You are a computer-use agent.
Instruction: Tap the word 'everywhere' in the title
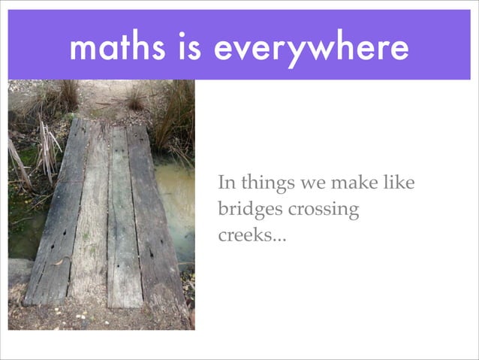pos(310,50)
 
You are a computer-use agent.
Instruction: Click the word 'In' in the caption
pos(226,183)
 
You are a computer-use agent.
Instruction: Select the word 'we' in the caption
pos(312,183)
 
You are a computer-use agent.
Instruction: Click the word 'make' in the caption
pos(357,183)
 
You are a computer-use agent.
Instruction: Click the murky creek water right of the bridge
pos(177,203)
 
